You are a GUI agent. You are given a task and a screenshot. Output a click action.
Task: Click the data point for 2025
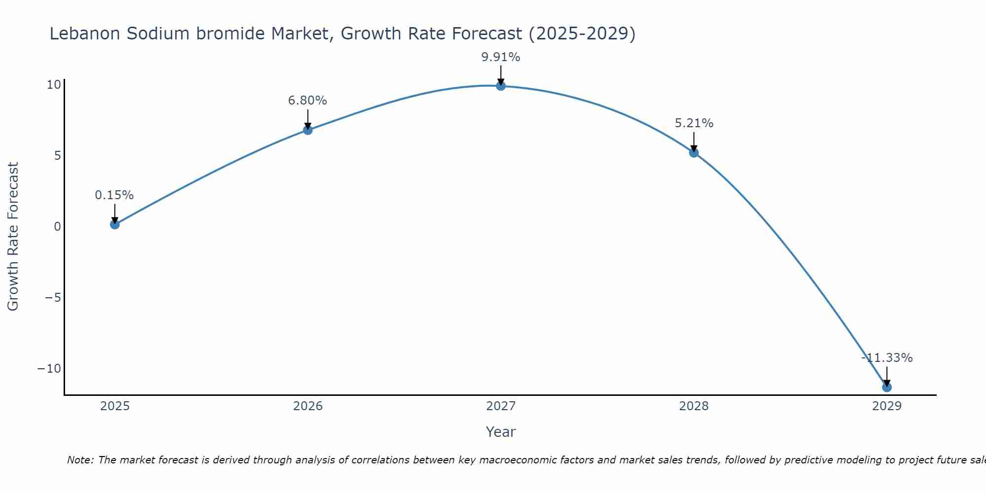tap(115, 224)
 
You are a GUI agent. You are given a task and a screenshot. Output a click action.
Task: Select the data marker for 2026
tap(308, 130)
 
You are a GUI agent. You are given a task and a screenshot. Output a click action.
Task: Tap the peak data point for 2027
tap(501, 86)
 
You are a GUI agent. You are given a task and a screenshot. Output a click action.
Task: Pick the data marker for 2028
tap(694, 153)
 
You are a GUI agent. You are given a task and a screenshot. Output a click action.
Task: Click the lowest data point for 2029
tap(887, 387)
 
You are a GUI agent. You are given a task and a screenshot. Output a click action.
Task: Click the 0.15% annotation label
tap(114, 195)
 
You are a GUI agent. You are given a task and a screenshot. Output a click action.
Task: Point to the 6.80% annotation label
tap(308, 101)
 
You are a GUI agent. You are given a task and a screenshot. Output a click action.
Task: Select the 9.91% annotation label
tap(501, 57)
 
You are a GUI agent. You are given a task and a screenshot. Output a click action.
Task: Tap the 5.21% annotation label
tap(694, 123)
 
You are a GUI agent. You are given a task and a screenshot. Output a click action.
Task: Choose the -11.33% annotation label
tap(887, 358)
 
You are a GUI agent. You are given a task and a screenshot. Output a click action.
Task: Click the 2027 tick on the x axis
tap(501, 406)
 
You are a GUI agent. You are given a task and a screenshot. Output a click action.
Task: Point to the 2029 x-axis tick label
tap(887, 406)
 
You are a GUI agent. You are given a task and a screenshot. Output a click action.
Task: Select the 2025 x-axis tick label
tap(115, 406)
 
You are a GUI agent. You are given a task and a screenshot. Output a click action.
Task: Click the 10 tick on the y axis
tap(54, 85)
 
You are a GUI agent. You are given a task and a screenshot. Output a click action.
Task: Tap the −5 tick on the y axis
tap(53, 298)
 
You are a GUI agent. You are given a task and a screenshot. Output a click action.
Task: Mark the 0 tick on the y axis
tap(57, 227)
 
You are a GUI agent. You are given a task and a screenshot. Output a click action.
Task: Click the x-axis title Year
tap(501, 432)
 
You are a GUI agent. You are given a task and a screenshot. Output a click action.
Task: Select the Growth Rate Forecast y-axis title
tap(13, 237)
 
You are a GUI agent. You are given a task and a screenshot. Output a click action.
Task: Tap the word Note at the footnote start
tap(79, 460)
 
